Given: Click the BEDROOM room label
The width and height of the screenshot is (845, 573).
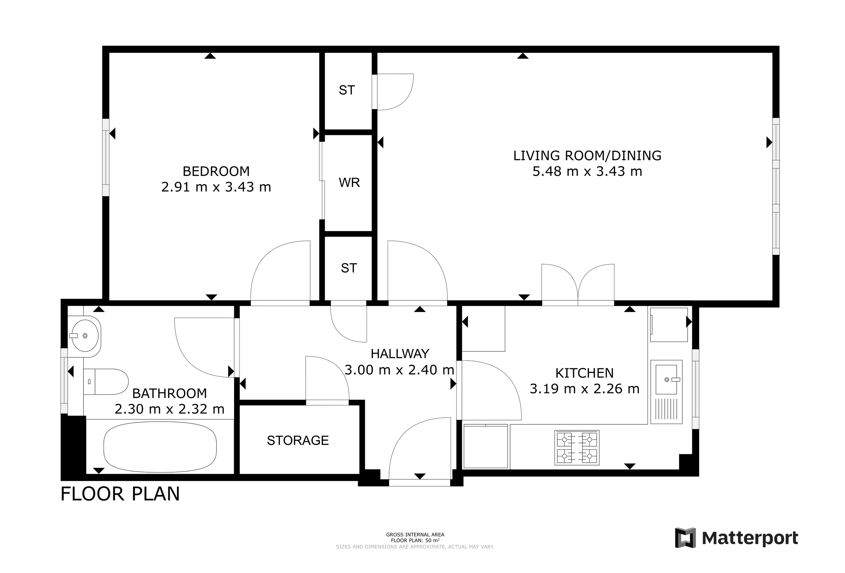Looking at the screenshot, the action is (216, 171).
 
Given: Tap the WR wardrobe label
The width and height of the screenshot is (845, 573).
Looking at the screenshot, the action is (349, 182).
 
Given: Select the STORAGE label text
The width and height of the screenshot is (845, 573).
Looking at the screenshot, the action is (298, 440).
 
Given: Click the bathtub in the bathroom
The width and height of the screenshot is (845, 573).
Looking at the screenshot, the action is (160, 447).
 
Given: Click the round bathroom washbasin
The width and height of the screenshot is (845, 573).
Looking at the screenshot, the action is (85, 335).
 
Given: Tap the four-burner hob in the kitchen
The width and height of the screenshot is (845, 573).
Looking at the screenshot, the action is (577, 448).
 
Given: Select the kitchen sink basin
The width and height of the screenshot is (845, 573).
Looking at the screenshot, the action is (666, 379).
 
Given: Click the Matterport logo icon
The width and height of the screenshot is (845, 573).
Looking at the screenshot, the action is (685, 538).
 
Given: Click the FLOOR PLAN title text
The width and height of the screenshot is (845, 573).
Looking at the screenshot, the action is (120, 494).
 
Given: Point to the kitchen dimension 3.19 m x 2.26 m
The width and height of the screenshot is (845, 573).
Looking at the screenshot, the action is (584, 388).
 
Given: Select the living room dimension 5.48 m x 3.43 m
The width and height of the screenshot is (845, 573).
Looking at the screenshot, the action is (587, 171).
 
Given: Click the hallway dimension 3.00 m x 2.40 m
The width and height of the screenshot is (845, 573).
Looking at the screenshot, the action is (399, 370).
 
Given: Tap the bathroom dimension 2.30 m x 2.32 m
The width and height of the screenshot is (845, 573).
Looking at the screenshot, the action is (169, 409).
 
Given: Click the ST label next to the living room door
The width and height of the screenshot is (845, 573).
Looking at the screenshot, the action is (346, 90).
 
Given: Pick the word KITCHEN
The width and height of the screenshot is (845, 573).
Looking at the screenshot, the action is (584, 373).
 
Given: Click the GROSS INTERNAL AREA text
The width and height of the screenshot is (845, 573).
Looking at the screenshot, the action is (415, 535).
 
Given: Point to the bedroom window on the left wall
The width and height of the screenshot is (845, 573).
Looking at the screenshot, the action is (105, 157).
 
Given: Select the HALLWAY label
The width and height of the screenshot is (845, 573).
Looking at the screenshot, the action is (400, 354).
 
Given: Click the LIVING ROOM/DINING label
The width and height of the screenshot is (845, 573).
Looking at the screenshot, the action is (587, 155).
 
